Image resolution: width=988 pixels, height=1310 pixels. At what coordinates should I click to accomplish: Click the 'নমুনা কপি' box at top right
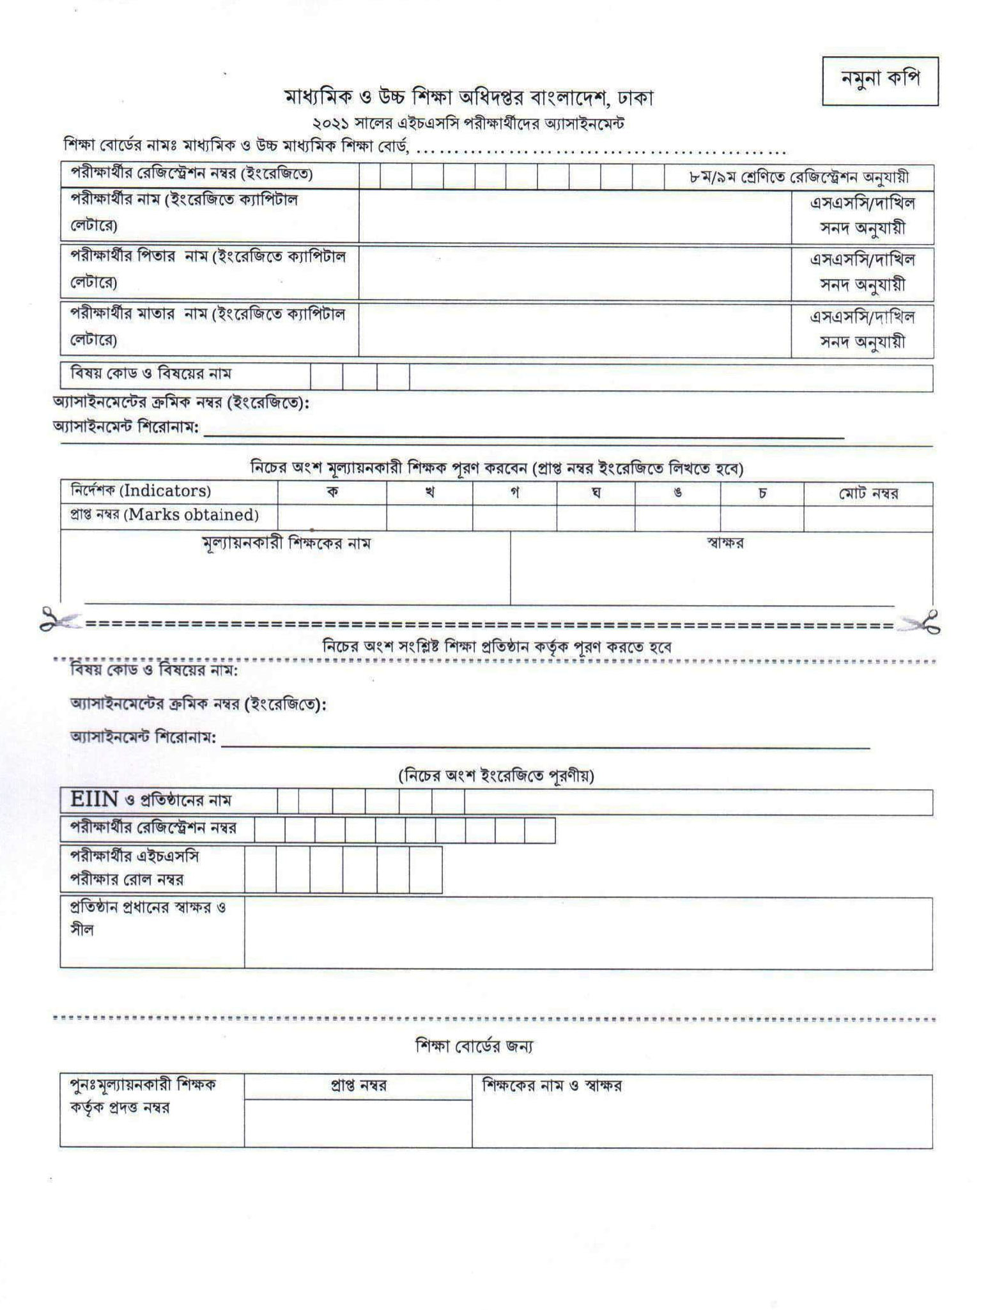[879, 81]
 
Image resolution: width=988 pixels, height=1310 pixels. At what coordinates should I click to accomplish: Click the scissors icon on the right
[920, 621]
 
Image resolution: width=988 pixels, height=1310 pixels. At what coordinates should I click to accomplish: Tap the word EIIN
[94, 799]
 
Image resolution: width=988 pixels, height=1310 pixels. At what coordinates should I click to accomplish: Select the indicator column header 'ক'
[332, 493]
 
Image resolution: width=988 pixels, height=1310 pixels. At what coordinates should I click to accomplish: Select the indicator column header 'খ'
[430, 493]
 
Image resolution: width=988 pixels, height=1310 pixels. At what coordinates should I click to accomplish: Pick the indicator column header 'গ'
[515, 493]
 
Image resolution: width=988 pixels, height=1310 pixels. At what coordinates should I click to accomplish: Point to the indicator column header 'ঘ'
[596, 493]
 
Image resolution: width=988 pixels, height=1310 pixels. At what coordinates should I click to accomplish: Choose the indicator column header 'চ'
[762, 493]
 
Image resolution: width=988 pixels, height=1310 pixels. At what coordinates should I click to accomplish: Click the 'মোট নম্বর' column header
[868, 493]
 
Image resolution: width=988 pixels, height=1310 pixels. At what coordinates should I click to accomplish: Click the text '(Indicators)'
[166, 491]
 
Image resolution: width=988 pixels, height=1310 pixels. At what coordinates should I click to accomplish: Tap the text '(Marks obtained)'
[191, 515]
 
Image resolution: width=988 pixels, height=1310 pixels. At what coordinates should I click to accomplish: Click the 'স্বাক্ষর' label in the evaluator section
[725, 543]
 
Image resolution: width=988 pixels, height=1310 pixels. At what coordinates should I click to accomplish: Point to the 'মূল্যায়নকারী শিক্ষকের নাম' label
[286, 544]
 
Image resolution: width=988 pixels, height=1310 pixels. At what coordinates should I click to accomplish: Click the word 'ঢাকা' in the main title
[635, 98]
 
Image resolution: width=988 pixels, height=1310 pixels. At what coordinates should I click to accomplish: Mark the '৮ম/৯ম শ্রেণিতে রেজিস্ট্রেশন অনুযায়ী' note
[799, 177]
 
